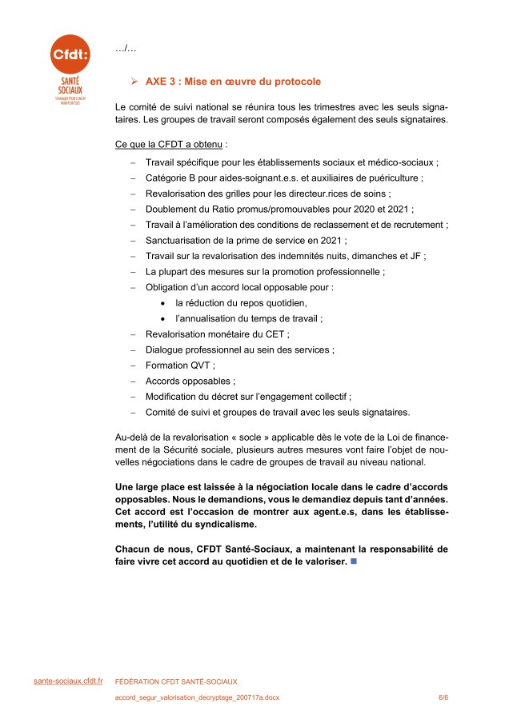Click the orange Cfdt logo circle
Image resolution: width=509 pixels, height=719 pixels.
(x=70, y=54)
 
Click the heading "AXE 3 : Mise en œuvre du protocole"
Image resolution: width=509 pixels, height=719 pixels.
(x=233, y=82)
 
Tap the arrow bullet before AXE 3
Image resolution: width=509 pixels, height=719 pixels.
(x=135, y=82)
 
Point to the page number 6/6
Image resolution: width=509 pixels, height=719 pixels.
(x=443, y=697)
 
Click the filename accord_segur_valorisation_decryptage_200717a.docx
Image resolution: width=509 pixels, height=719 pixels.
(x=197, y=697)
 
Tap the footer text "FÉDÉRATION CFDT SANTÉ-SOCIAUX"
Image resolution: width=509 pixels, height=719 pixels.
(x=176, y=681)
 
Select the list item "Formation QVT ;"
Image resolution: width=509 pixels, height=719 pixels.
(x=180, y=365)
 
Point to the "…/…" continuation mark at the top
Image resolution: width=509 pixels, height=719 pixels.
(x=126, y=50)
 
